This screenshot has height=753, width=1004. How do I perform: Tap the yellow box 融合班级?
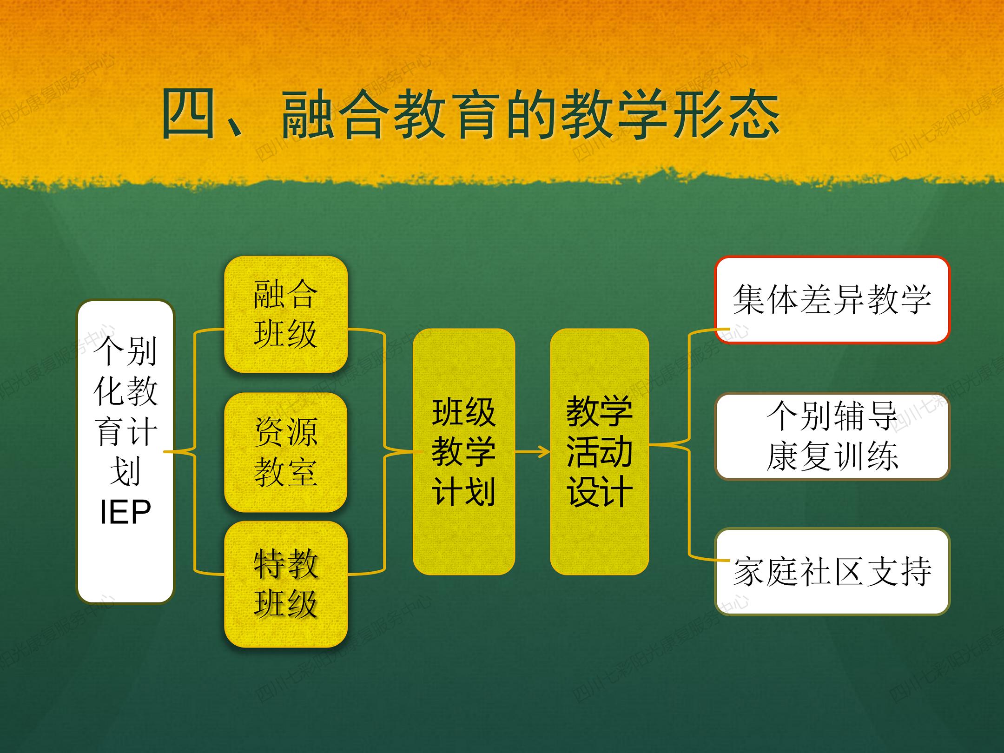coord(286,314)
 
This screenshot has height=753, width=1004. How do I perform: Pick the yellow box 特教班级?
coord(286,584)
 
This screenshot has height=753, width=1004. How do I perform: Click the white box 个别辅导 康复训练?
coord(832,436)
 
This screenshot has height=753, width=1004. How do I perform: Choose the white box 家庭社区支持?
coord(832,571)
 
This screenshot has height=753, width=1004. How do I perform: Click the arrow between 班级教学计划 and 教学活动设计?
coord(533,451)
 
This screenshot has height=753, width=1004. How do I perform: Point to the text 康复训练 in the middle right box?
coord(832,456)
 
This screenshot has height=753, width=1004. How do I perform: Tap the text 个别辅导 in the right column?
coord(832,416)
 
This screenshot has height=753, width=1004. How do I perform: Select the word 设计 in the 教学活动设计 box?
coord(599,492)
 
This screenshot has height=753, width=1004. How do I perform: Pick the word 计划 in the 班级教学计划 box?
coord(463,492)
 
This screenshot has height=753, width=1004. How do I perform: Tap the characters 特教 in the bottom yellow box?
coord(286,563)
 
